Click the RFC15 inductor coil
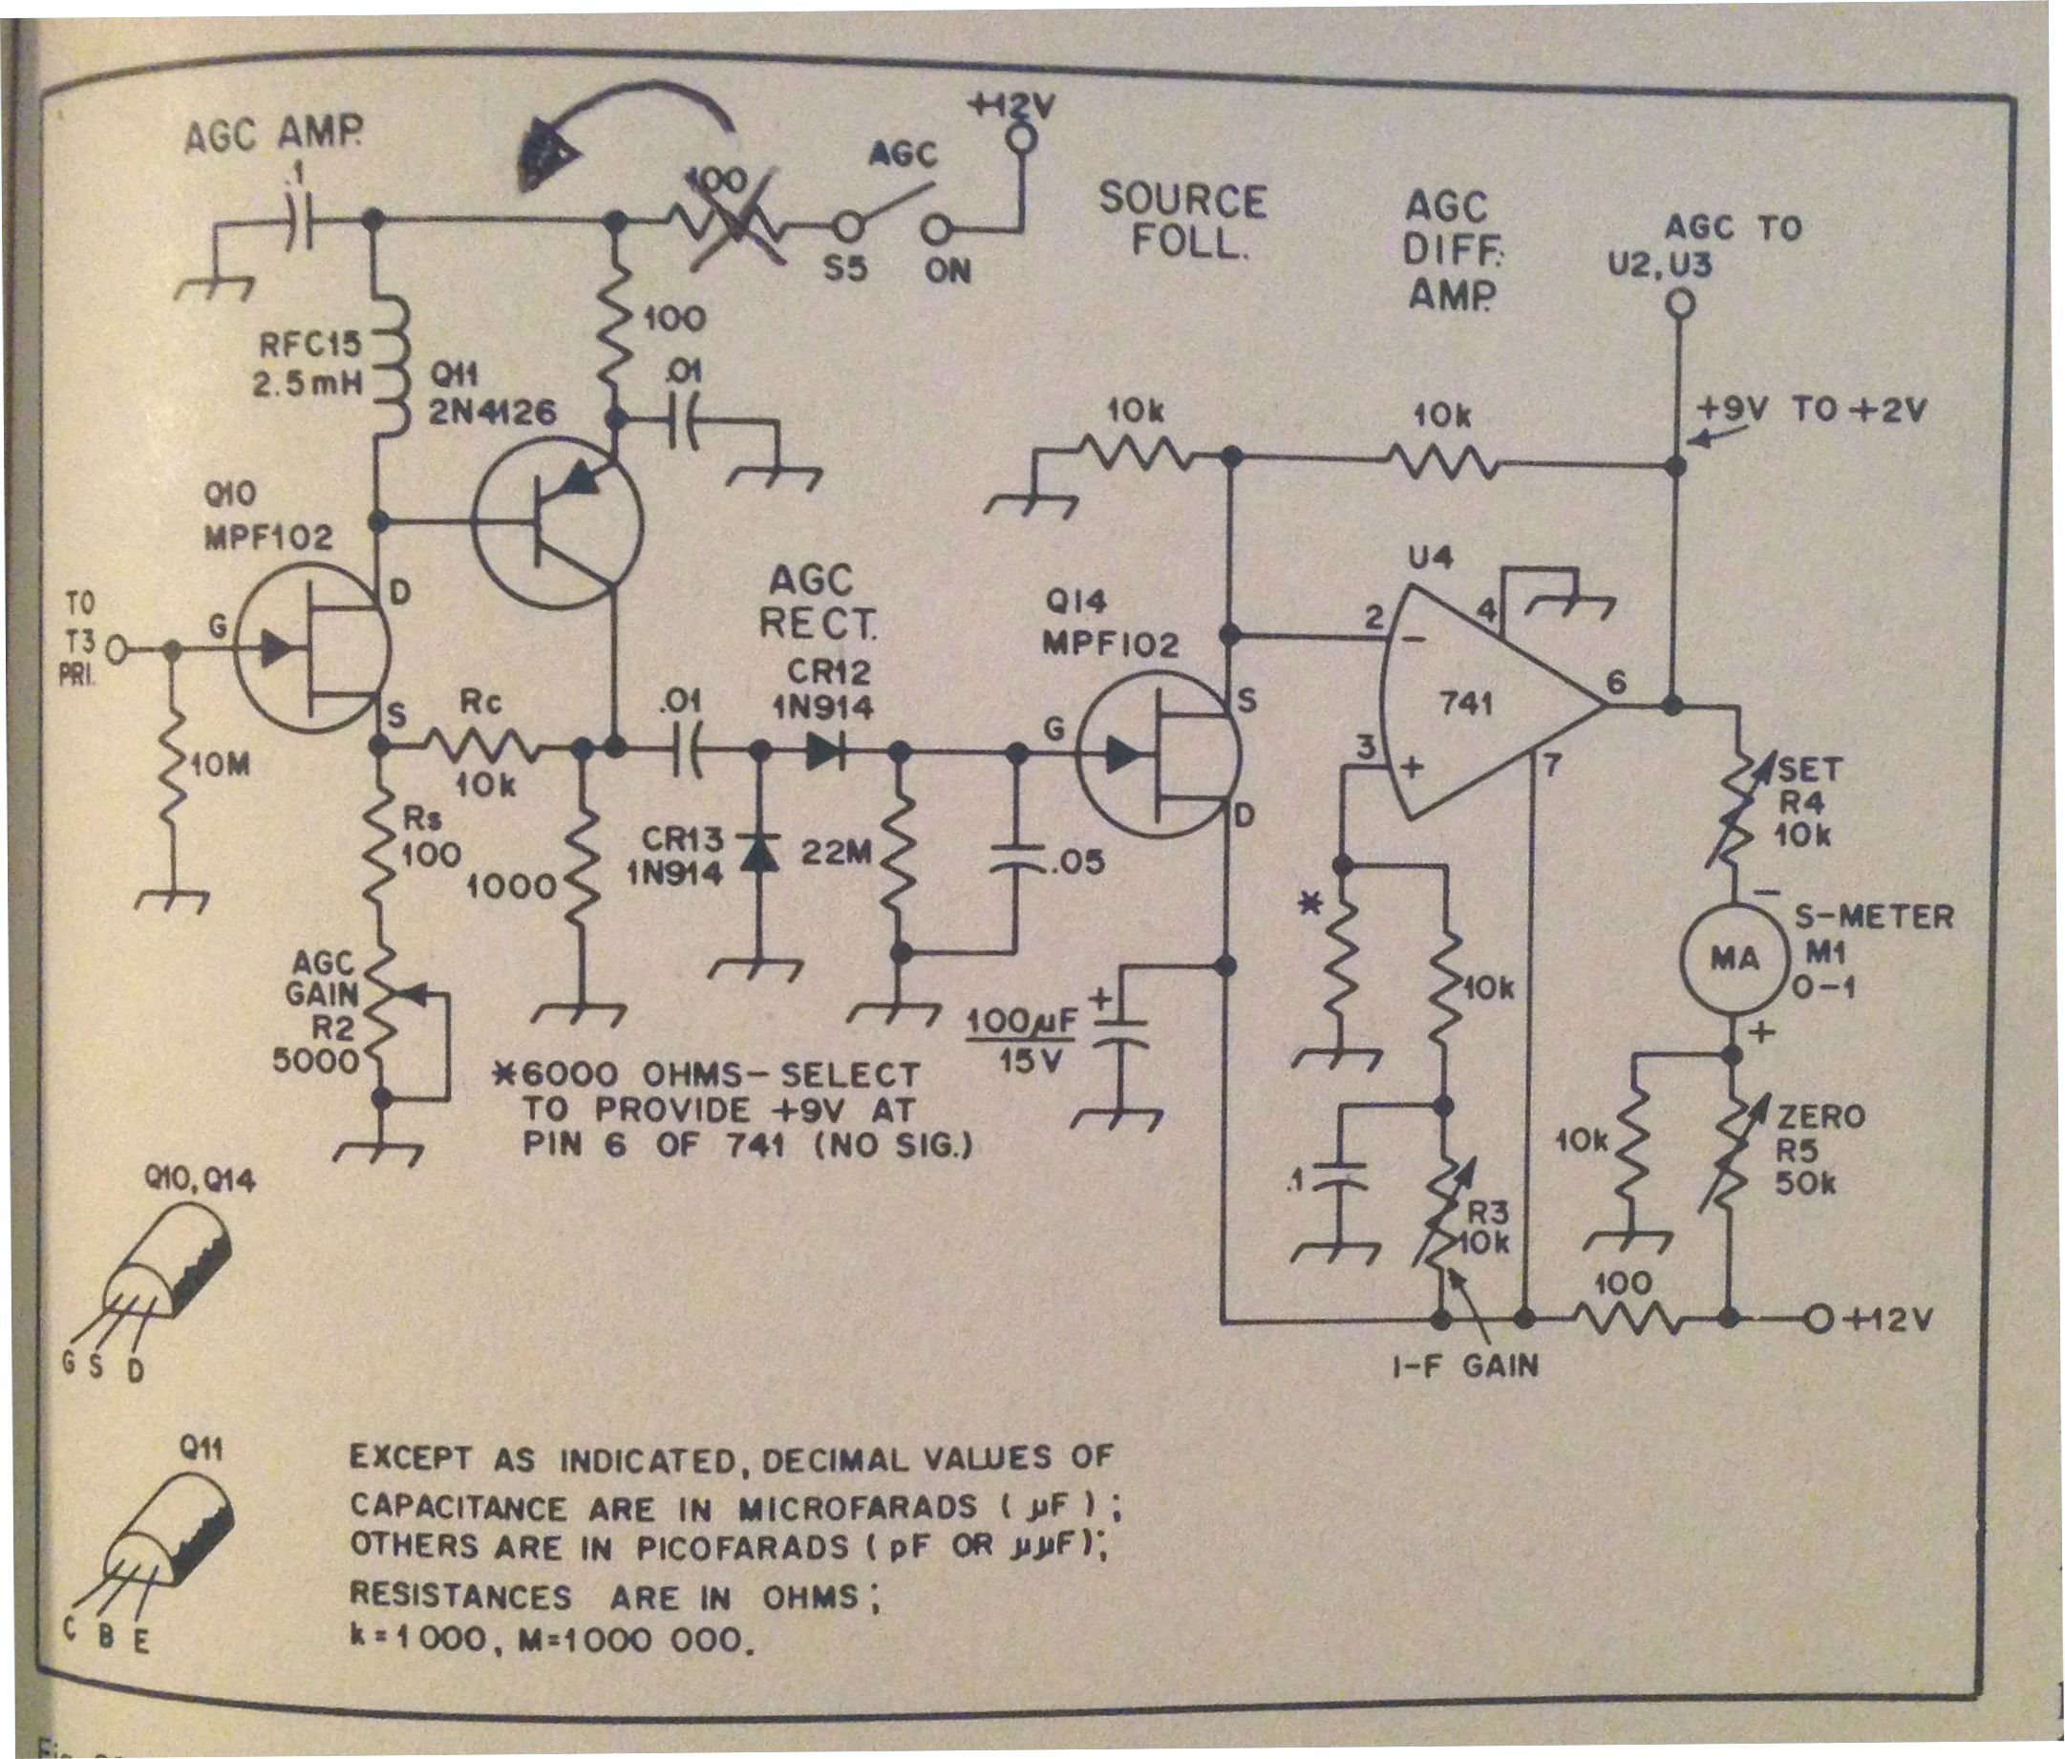click(x=392, y=366)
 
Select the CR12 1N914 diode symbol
click(x=826, y=751)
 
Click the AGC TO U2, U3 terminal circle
click(x=1680, y=302)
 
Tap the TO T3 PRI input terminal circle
click(x=117, y=650)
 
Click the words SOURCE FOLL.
click(x=1182, y=221)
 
